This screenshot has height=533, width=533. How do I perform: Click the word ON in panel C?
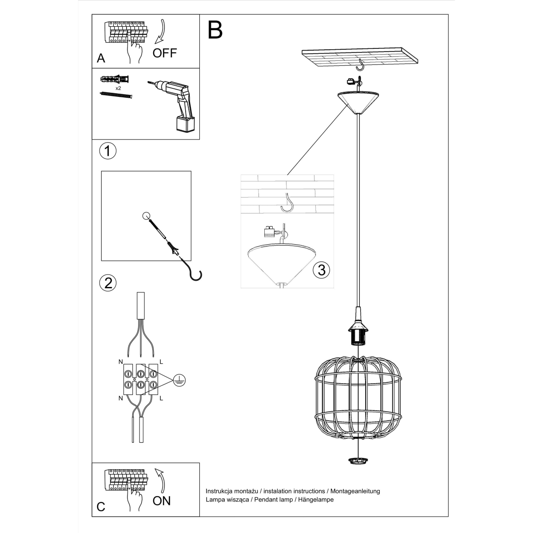pos(161,501)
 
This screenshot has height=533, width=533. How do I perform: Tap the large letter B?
pos(215,30)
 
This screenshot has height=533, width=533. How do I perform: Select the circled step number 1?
pos(107,151)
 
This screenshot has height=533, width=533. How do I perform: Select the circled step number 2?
pos(107,283)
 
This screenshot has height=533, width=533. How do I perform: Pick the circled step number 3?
pos(321,270)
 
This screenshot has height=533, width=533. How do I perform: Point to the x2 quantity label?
pos(118,88)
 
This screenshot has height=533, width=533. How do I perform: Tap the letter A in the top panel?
pos(101,58)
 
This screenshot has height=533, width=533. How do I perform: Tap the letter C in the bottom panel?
pos(101,507)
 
